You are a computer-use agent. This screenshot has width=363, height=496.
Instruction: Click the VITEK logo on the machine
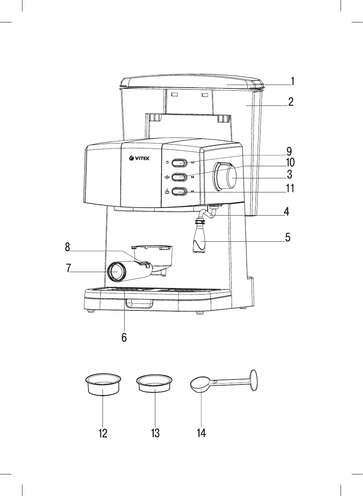[139, 158]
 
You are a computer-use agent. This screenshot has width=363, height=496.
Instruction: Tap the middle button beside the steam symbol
[179, 177]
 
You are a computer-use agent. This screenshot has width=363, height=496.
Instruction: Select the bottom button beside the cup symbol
[179, 192]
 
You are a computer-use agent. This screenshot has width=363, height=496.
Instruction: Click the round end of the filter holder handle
[117, 272]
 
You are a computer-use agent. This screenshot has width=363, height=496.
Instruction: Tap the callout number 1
[293, 81]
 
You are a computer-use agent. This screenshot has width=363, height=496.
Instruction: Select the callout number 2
[291, 102]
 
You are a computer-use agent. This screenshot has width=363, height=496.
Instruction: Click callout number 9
[289, 152]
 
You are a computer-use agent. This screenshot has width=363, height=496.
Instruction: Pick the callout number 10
[290, 163]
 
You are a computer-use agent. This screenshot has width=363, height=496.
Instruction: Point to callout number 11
[290, 189]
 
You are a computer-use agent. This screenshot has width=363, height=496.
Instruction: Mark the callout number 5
[288, 238]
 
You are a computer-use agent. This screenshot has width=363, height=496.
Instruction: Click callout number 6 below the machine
[124, 337]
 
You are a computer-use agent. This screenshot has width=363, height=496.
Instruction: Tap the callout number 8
[68, 247]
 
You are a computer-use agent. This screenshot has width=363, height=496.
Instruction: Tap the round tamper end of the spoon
[254, 380]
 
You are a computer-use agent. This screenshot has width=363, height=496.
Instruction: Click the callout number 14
[201, 433]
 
